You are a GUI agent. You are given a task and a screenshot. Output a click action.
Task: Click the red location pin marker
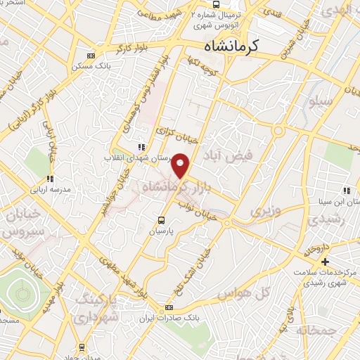(181, 165)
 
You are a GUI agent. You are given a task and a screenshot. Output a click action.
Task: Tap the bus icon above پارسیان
(162, 218)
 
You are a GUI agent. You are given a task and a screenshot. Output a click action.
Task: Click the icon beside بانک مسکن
(90, 56)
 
